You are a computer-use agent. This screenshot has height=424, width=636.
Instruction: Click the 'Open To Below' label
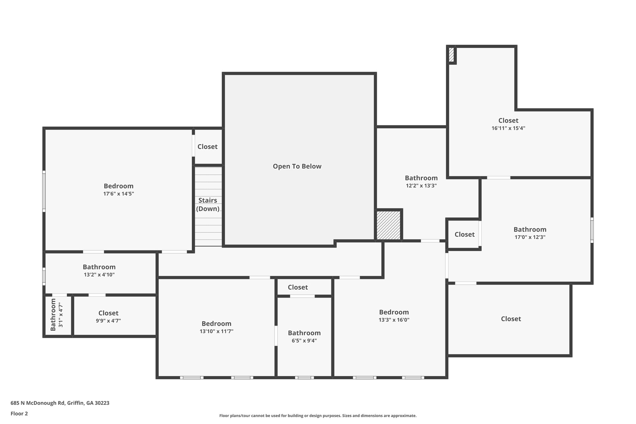pyautogui.click(x=297, y=166)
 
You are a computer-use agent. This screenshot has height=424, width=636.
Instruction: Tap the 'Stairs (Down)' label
pyautogui.click(x=208, y=204)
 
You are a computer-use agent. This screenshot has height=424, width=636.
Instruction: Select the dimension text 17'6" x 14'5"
pyautogui.click(x=119, y=194)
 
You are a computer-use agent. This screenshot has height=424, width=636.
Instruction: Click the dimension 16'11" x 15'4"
pyautogui.click(x=508, y=128)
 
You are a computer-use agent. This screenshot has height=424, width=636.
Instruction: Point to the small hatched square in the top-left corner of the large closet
pyautogui.click(x=451, y=55)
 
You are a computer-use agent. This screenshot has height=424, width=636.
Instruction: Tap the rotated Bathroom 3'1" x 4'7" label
pyautogui.click(x=57, y=315)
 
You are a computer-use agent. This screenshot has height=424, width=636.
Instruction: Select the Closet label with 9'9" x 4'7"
pyautogui.click(x=108, y=313)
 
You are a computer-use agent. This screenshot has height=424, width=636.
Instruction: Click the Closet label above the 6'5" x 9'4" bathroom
pyautogui.click(x=298, y=287)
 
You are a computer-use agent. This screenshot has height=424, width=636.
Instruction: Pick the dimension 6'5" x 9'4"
pyautogui.click(x=304, y=340)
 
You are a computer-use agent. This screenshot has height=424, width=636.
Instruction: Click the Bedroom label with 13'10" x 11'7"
pyautogui.click(x=216, y=324)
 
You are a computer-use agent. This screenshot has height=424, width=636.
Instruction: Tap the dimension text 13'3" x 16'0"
pyautogui.click(x=394, y=320)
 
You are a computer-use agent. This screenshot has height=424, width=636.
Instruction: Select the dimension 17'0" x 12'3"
pyautogui.click(x=530, y=237)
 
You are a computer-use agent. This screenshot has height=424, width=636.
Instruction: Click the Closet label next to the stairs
pyautogui.click(x=207, y=147)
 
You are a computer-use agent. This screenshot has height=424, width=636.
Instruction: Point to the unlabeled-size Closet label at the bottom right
pyautogui.click(x=511, y=319)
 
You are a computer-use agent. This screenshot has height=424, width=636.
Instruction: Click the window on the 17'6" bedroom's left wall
pyautogui.click(x=44, y=191)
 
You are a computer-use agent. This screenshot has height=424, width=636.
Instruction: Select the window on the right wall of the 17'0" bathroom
pyautogui.click(x=592, y=230)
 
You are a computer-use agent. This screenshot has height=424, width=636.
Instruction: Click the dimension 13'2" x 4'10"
pyautogui.click(x=99, y=275)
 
